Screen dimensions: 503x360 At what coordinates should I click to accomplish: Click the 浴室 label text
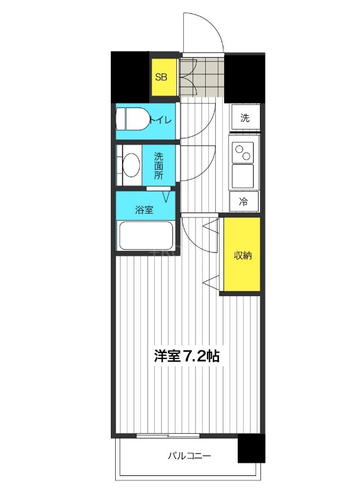tap(144, 210)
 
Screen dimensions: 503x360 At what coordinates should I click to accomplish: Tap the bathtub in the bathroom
tap(146, 236)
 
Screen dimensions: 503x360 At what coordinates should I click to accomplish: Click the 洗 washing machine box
tap(245, 118)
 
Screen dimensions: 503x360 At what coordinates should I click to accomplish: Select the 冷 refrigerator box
tap(244, 202)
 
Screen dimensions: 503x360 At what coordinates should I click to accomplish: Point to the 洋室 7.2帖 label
tap(187, 356)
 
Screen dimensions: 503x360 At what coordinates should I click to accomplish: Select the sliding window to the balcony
tap(167, 435)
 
